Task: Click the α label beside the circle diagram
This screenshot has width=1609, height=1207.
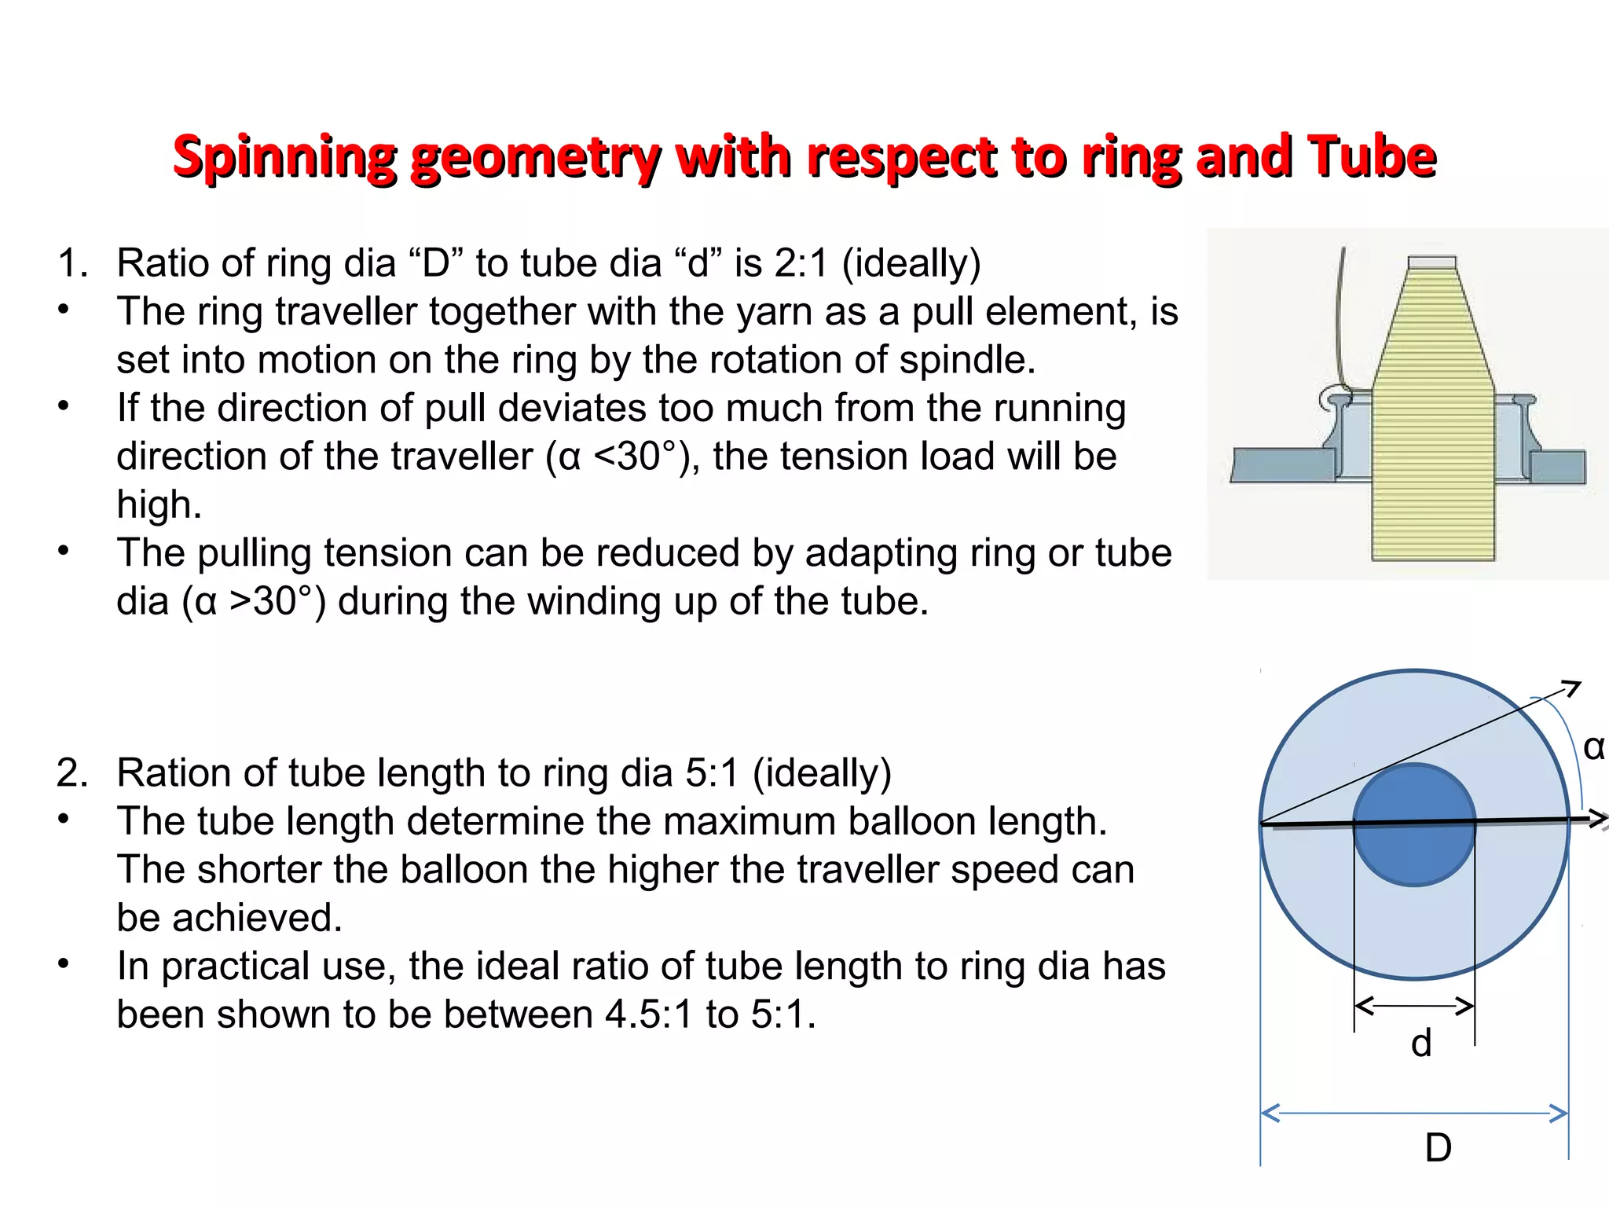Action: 1593,747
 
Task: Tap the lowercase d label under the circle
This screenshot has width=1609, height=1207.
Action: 1421,1044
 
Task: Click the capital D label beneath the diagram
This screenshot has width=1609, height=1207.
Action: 1438,1148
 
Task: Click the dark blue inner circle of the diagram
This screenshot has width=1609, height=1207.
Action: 1414,857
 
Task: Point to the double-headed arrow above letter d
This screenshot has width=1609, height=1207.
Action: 1414,1006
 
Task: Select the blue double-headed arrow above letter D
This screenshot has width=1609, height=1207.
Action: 1414,1113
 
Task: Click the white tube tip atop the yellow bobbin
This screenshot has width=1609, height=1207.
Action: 1431,263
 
